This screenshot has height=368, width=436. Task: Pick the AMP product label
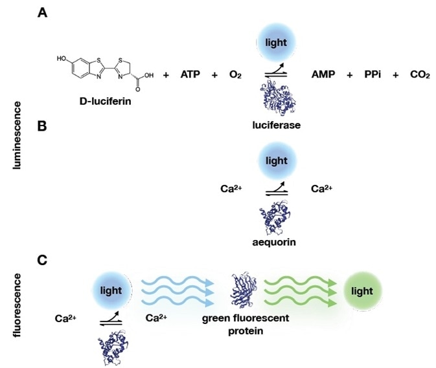pyautogui.click(x=323, y=75)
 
